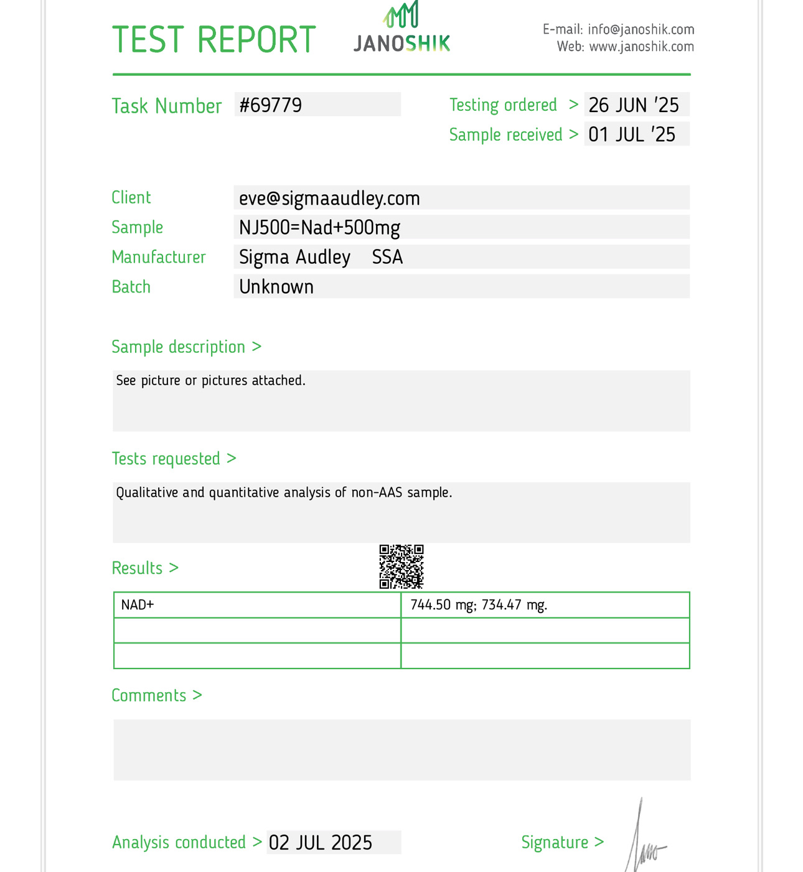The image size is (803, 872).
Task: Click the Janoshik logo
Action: (x=401, y=28)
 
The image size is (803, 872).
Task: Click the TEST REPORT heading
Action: (x=214, y=40)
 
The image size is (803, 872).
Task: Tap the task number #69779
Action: (x=271, y=105)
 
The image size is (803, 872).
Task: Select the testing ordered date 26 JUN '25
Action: (x=634, y=105)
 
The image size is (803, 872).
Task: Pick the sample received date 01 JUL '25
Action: (x=632, y=134)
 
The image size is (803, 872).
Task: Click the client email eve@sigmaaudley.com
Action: (x=329, y=199)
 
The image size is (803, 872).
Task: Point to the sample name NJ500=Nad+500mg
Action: (x=319, y=228)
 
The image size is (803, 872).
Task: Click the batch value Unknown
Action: (x=276, y=287)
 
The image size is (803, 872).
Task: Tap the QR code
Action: (x=401, y=566)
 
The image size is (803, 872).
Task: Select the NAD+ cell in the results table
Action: (x=138, y=605)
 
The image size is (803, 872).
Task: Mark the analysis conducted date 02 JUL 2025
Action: (x=321, y=843)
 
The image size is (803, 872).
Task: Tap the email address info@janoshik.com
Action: (x=641, y=30)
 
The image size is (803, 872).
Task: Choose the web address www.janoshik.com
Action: (x=641, y=47)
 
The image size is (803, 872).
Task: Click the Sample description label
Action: (x=179, y=347)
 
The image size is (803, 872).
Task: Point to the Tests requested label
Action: (x=166, y=459)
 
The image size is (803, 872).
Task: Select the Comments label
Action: (x=149, y=695)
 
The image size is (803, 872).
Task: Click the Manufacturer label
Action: (x=159, y=257)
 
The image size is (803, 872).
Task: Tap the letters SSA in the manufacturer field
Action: (x=387, y=257)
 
